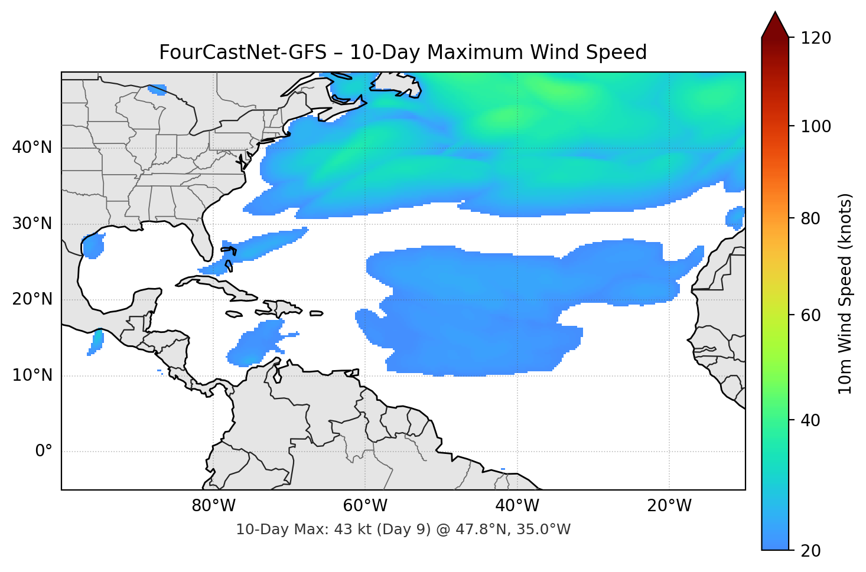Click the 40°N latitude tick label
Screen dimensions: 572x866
coord(32,148)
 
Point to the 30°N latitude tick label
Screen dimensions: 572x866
coord(32,224)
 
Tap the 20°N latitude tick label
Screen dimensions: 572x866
coord(32,299)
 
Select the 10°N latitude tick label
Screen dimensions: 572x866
coord(32,375)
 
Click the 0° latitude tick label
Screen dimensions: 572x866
coord(44,452)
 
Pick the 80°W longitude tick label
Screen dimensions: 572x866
coord(213,506)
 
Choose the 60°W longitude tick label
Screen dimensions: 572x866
coord(365,506)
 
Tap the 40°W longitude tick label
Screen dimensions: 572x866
coord(517,506)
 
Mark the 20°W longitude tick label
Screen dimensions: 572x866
coord(669,506)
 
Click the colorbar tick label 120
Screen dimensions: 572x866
coord(816,38)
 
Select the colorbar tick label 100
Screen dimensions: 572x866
coord(816,126)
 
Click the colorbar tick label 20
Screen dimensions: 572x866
coord(810,551)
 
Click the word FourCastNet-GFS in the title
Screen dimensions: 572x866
coord(242,53)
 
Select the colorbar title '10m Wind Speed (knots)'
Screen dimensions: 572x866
coord(845,293)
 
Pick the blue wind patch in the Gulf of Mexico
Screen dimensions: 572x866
coord(93,246)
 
